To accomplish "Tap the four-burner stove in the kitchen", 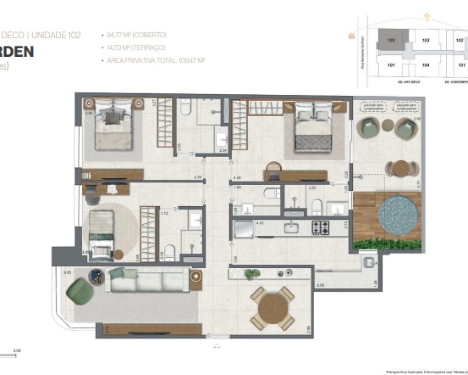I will (322, 228).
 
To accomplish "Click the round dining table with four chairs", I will (272, 308).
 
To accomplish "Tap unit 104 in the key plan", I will (425, 65).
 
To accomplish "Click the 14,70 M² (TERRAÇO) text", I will (136, 47).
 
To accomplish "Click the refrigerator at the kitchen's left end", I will (243, 228).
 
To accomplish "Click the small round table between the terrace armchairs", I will (388, 125).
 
